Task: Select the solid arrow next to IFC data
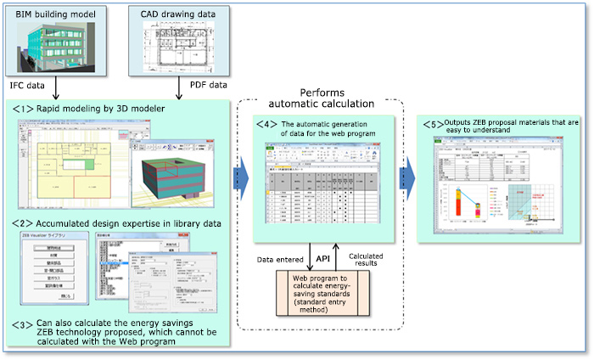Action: point(55,87)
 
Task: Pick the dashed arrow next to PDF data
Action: point(179,87)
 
